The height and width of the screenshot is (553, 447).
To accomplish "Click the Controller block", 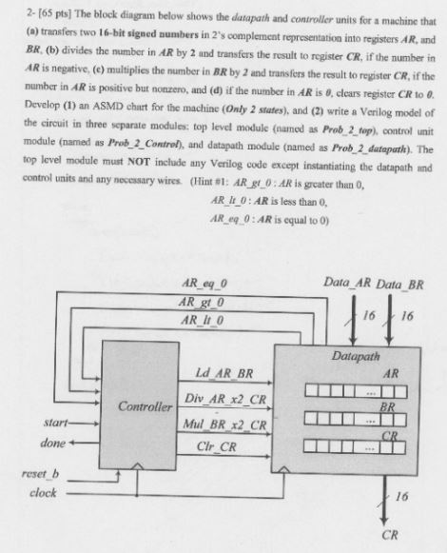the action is click(144, 407).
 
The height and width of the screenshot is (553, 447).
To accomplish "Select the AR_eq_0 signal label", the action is click(204, 283).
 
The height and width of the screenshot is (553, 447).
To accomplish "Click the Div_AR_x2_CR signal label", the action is click(224, 396).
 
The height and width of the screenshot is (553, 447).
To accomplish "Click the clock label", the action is click(43, 493).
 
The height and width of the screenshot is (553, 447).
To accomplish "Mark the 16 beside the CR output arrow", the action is click(402, 496).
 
